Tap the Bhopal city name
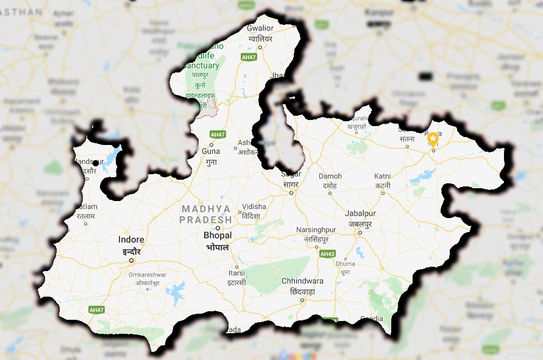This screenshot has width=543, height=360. coord(218,235)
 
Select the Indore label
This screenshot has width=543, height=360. coord(131,240)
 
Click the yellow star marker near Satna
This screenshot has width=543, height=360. coord(433,138)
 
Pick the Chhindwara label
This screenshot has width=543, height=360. coord(302,281)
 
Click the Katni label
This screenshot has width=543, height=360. coord(383,176)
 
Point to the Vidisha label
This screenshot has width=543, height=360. coord(254,207)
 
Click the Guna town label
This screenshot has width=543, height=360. coord(211,150)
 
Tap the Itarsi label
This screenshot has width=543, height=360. coord(236,273)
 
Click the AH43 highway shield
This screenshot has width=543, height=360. coord(328,253)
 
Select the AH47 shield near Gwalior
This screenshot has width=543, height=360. coord(249,57)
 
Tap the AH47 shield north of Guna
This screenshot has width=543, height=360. coord(217,134)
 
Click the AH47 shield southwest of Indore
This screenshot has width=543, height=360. coord(96,309)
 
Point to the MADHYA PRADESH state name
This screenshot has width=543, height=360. coord(207,214)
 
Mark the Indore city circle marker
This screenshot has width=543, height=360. coord(131,261)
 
